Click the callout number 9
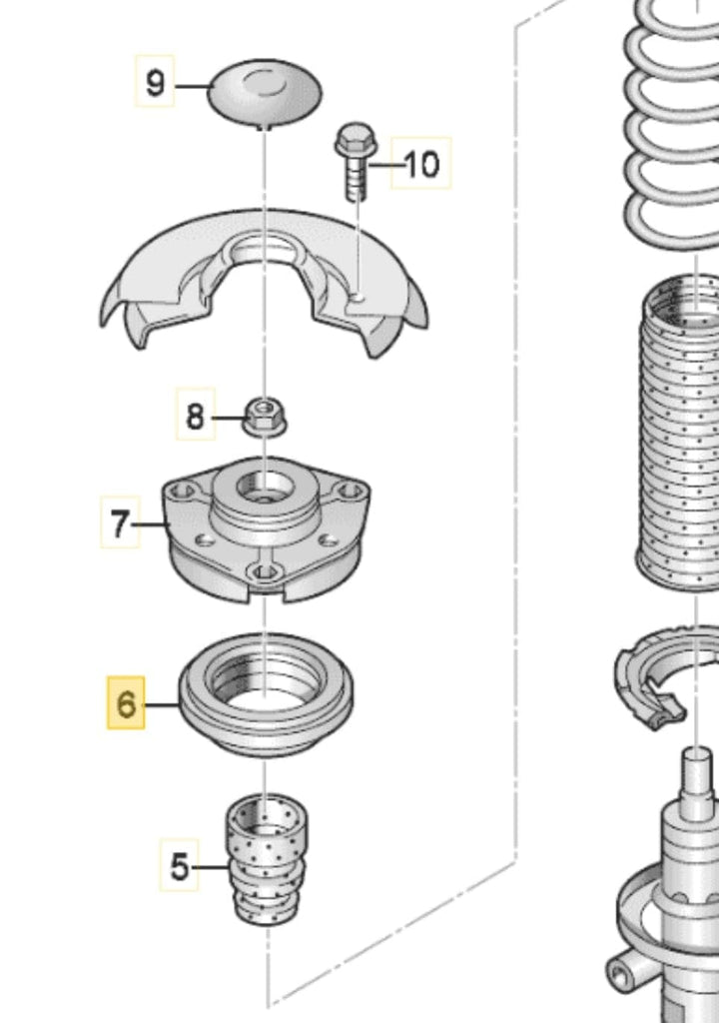point(155,82)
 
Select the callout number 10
point(421,163)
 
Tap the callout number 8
point(196,415)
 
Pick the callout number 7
point(120,522)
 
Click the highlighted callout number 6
point(127,703)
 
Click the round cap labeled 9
point(265,93)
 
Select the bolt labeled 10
point(355,161)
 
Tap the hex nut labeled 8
point(265,417)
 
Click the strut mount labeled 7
point(267,529)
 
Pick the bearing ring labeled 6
point(267,695)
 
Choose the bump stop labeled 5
point(268,859)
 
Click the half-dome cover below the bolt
point(265,282)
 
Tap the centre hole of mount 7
point(265,487)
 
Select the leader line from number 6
point(163,704)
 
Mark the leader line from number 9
point(192,86)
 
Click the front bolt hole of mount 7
point(265,572)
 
